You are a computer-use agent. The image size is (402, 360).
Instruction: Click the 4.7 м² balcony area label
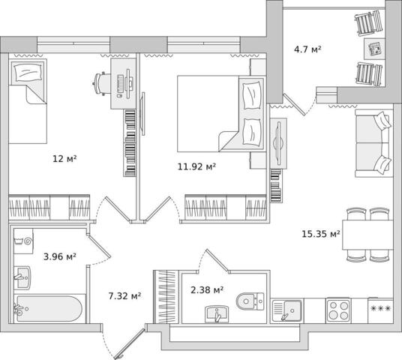pos(307,49)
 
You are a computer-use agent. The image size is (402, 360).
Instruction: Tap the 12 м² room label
pos(64,159)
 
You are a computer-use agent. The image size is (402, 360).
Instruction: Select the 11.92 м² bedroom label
pos(196,166)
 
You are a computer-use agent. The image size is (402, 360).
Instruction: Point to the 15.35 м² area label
pos(321,234)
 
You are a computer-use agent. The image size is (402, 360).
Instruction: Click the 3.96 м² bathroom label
pos(60,256)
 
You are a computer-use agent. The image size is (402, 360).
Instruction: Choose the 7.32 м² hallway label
pos(124,296)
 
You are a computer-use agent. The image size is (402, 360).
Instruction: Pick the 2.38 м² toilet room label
pos(207,290)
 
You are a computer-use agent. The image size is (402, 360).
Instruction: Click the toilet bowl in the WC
pos(250,301)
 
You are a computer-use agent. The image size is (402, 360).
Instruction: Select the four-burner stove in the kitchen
pos(339,310)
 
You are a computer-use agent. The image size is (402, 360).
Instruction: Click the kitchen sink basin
pos(292,310)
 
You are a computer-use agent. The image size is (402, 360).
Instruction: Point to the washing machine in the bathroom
pos(23,241)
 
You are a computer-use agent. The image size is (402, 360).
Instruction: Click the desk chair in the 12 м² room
pos(101,83)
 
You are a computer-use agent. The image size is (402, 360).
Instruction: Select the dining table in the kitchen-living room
pos(367,235)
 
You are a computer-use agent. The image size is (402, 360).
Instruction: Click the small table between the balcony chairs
pos(374,49)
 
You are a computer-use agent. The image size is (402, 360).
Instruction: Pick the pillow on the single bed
pos(28,72)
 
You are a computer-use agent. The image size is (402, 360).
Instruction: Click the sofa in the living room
pos(373,143)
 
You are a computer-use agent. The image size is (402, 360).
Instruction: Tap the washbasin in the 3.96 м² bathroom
pos(22,277)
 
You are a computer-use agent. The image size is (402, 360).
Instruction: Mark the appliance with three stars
pos(380,310)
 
